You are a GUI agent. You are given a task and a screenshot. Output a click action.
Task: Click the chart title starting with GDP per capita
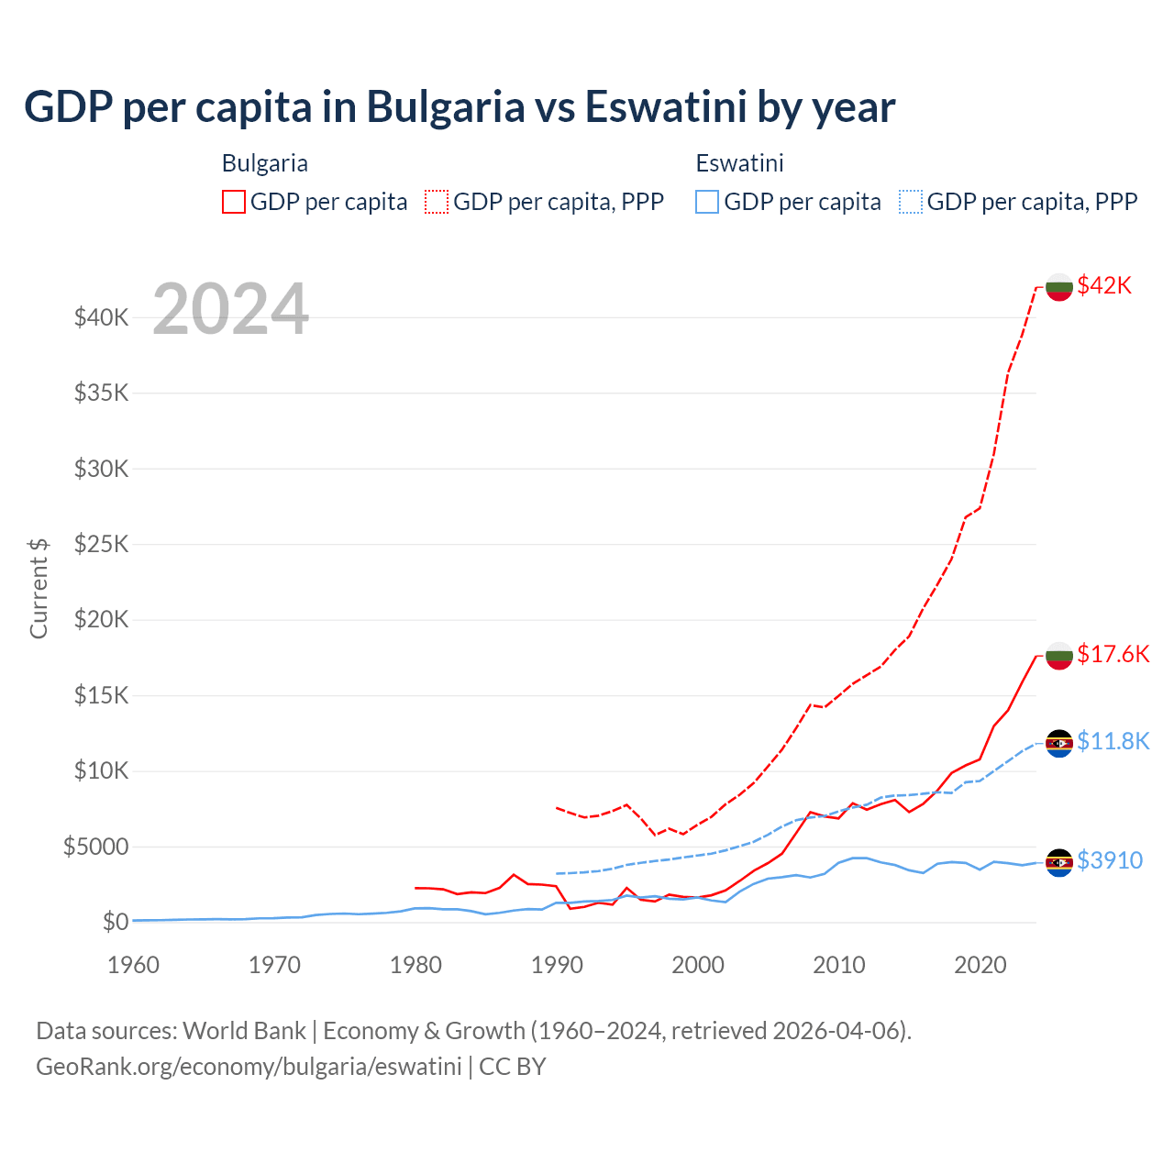coord(460,107)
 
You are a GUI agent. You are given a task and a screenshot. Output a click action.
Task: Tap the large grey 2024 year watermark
coord(230,309)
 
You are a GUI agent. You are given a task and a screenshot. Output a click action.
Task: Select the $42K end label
coord(1104,285)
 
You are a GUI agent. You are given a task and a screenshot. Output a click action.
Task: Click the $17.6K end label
coord(1113,654)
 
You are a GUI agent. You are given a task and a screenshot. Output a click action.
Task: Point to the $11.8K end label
coord(1113,741)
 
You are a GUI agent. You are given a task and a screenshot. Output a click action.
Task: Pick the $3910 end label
coord(1109,860)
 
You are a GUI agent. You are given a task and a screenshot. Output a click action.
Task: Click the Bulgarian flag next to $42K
coord(1059,286)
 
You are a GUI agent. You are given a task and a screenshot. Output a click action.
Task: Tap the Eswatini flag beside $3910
coord(1059,862)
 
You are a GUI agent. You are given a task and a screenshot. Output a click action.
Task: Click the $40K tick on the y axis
coord(101,318)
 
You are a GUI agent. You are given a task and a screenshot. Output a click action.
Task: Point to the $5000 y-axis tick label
coord(95,847)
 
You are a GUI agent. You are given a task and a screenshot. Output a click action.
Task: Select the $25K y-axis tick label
coord(101,545)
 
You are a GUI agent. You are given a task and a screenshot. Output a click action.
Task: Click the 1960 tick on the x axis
coord(133,965)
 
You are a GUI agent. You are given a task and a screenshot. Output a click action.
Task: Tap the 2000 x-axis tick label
coord(698,965)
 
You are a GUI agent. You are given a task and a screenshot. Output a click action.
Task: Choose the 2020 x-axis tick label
coord(980,965)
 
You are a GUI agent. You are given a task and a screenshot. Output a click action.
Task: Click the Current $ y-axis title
coord(39,589)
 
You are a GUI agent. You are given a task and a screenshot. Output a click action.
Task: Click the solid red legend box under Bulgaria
coord(234,202)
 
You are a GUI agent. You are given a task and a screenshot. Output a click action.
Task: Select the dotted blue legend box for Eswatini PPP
coord(911,202)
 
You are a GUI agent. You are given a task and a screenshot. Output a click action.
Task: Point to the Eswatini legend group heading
coord(739,163)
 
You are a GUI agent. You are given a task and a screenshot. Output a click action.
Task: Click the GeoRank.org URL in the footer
coord(249,1067)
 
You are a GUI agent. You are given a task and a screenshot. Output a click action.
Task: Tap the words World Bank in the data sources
coord(244,1031)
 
